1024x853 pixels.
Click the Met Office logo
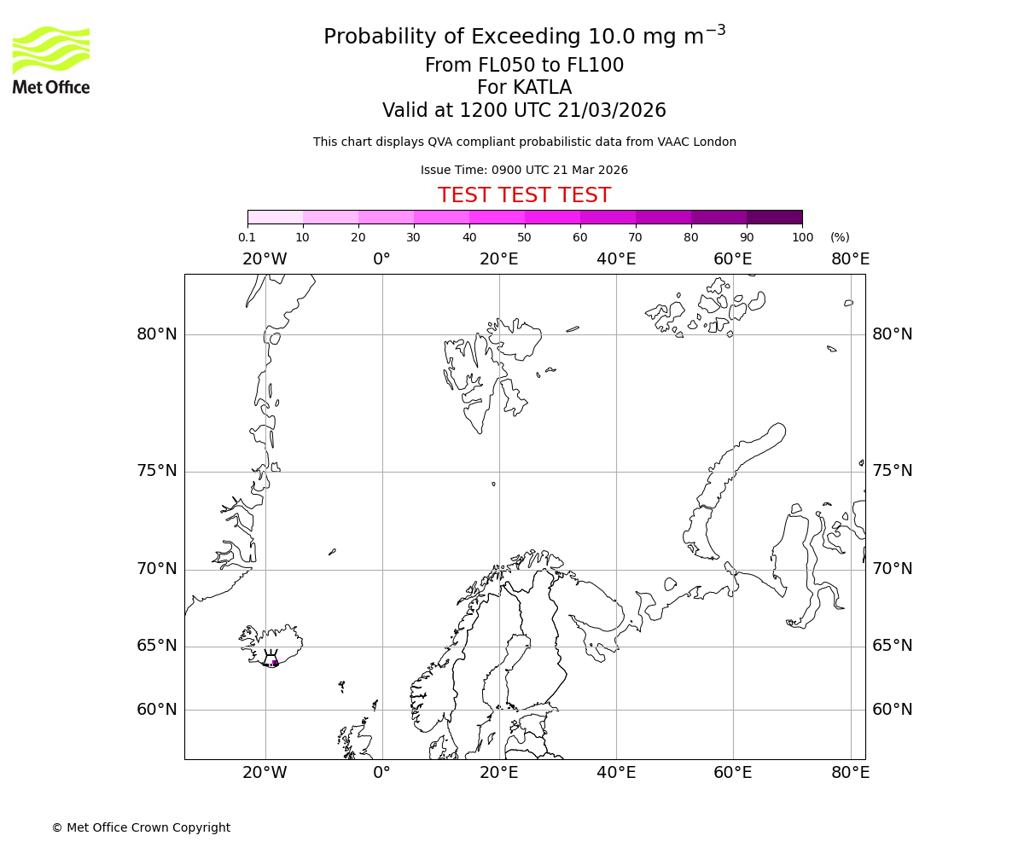(51, 60)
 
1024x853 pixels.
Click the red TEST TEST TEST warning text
(524, 196)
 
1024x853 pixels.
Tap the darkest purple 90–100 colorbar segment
(774, 217)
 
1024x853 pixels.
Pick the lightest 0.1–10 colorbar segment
(276, 217)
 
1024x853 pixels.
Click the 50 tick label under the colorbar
(524, 237)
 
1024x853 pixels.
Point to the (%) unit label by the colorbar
(840, 237)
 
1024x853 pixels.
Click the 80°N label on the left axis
(157, 334)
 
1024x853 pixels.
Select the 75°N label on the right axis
(892, 471)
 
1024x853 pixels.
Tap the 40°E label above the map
(616, 259)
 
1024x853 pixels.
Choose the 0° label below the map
(381, 773)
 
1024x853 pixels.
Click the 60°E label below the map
(733, 773)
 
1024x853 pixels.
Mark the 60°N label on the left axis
(157, 710)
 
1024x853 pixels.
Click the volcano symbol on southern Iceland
(271, 660)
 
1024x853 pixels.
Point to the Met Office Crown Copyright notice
(141, 827)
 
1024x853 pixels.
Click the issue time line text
(524, 171)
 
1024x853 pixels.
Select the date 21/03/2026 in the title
(612, 111)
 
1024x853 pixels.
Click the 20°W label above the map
(265, 259)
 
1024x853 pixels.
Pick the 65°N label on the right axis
(892, 646)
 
